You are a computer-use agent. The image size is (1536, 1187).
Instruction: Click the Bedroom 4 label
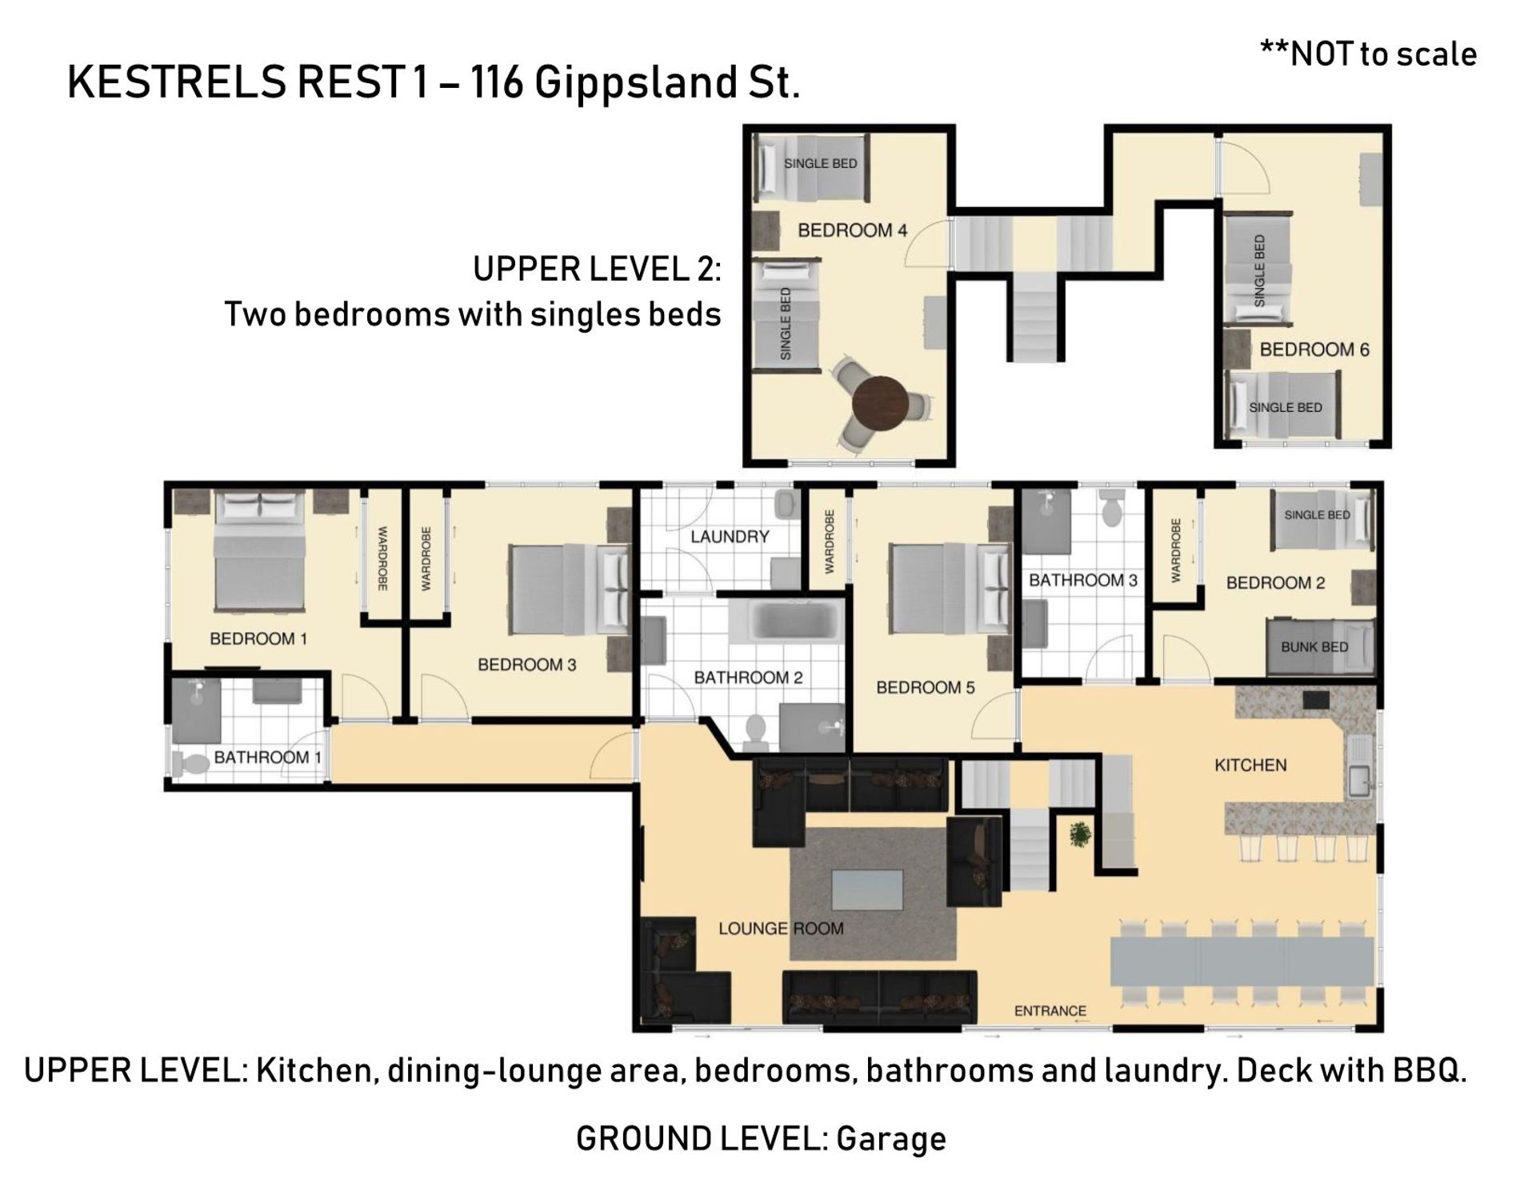(x=852, y=230)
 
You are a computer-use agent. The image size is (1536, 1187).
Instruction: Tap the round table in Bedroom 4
(x=880, y=404)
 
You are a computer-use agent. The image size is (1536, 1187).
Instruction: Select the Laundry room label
(x=730, y=537)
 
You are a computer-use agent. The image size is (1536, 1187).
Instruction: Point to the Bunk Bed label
(x=1314, y=647)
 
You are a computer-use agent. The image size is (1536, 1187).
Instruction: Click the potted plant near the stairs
(x=1080, y=834)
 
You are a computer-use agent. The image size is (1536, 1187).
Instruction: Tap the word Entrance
(x=1050, y=1011)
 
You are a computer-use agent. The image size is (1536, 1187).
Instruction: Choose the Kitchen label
(x=1250, y=765)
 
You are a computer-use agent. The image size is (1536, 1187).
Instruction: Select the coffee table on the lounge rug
(x=867, y=889)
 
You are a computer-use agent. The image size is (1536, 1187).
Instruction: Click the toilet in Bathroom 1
(x=190, y=763)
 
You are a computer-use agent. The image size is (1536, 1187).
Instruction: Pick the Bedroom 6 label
(x=1314, y=350)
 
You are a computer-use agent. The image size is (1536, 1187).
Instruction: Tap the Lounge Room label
(x=781, y=929)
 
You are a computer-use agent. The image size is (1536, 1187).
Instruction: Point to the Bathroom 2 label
(x=748, y=678)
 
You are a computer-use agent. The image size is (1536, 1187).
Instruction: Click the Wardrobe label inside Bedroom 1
(x=382, y=558)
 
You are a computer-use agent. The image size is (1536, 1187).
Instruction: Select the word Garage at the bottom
(x=891, y=1139)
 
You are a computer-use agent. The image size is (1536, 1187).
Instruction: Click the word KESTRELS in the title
(x=177, y=82)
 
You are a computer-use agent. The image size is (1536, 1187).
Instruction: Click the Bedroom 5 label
(x=926, y=688)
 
